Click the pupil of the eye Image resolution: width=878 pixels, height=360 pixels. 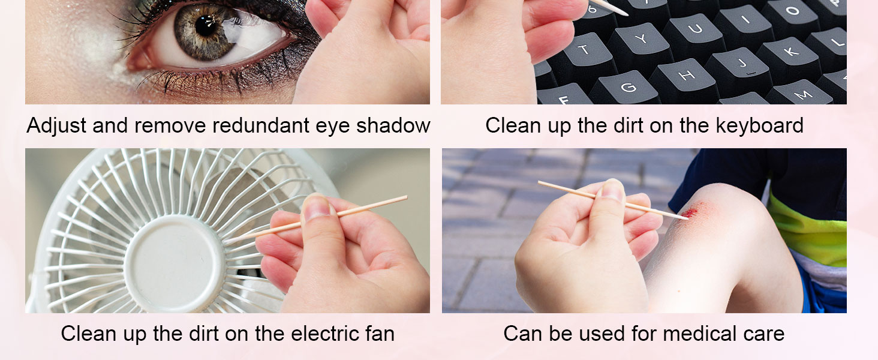[205, 26]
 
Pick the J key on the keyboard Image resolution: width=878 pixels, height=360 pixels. [742, 64]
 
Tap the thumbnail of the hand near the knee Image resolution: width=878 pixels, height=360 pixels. [612, 190]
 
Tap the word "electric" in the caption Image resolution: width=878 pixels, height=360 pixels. [324, 334]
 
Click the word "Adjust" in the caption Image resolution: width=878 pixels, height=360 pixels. [56, 126]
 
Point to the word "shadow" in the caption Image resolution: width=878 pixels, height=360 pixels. [393, 125]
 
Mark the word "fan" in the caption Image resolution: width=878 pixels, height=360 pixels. [380, 334]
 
